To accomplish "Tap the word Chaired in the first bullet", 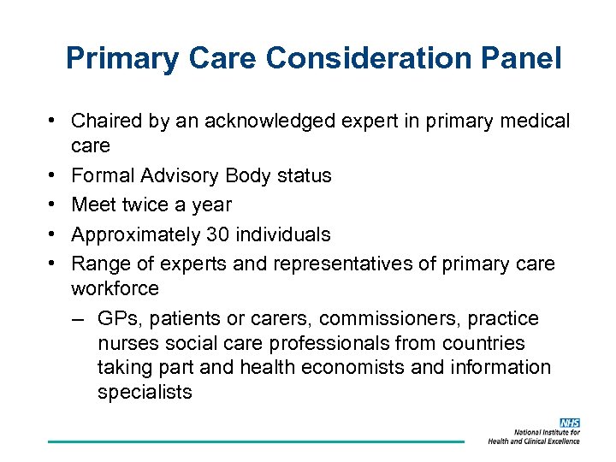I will [109, 121].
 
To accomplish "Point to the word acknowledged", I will [242, 121].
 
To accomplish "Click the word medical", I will [530, 121].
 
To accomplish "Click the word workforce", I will [115, 288].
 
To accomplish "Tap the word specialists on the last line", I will [145, 393].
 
